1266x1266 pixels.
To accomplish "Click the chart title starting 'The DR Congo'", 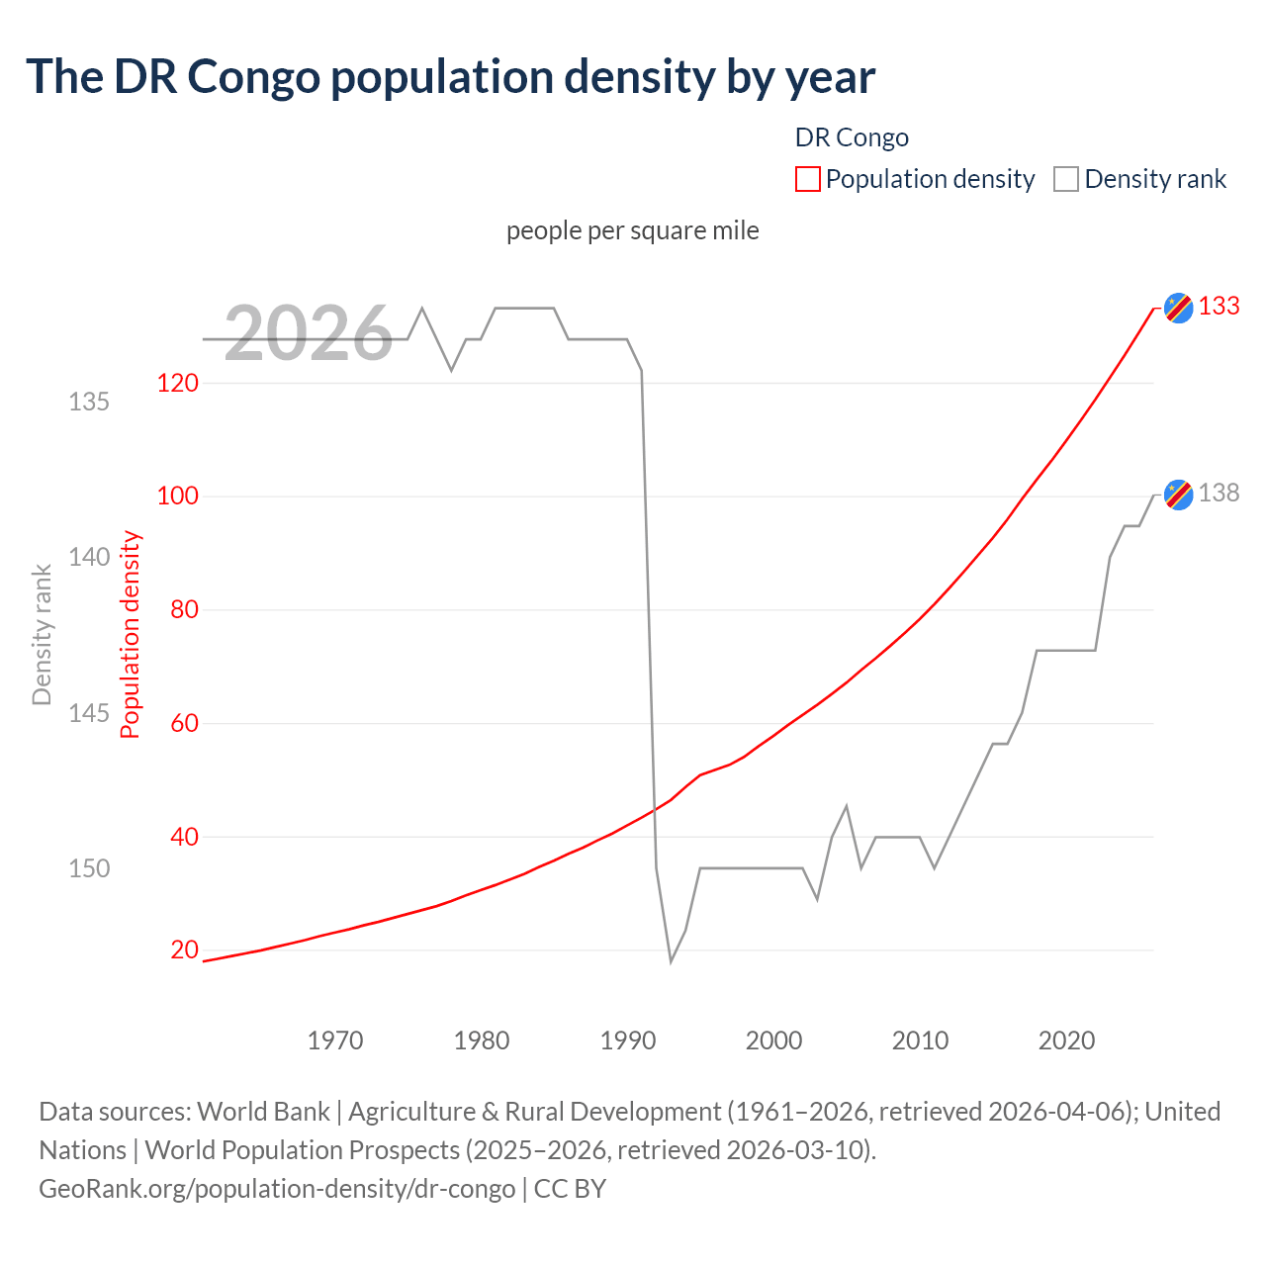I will coord(450,77).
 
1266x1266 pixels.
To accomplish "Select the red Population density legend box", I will coord(807,179).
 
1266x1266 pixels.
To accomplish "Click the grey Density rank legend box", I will coord(1065,179).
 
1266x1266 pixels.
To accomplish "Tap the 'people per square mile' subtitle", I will coord(632,230).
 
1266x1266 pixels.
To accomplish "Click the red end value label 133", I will coord(1219,307).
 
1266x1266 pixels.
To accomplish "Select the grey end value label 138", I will coord(1219,493).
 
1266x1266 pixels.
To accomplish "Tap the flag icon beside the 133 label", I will coord(1178,308).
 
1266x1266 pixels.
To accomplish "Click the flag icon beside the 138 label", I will coord(1178,494).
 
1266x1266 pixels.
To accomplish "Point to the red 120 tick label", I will coord(178,383).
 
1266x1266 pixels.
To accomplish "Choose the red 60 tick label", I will coord(184,723).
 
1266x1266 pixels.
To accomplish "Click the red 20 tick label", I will coord(184,950).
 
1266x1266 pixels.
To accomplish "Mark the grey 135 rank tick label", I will coord(89,402).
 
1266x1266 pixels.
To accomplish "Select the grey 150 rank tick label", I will coord(89,868).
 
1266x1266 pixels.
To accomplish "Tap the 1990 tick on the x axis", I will coord(628,1040).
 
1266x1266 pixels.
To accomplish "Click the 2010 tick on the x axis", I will coord(920,1040).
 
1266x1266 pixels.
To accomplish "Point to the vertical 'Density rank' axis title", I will coord(42,635).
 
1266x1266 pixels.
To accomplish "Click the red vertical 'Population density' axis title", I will coord(131,635).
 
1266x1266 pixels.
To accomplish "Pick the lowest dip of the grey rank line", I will coord(671,960).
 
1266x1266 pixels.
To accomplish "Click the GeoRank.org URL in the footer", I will coord(277,1188).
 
